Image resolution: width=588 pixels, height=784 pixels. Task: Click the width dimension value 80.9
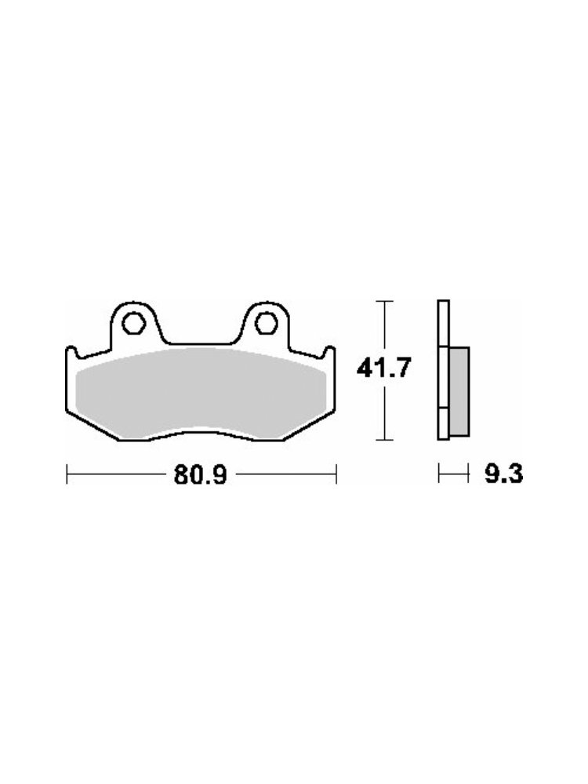[x=201, y=474]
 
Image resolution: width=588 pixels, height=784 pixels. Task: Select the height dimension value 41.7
[x=383, y=369]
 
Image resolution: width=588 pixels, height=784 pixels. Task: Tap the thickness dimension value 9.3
[x=503, y=474]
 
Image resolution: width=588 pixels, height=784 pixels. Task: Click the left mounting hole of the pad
[x=133, y=324]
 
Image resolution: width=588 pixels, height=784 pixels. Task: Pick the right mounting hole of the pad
[x=267, y=324]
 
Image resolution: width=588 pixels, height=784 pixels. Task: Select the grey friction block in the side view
[x=459, y=391]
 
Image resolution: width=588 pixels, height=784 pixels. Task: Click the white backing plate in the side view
[x=443, y=370]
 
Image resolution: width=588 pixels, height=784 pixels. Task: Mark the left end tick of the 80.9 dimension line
[x=67, y=474]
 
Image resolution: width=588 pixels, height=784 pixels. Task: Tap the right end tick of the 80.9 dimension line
[x=336, y=474]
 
